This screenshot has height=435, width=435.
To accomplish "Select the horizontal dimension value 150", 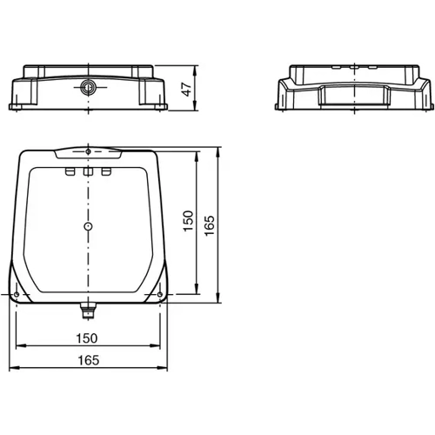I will [x=88, y=338].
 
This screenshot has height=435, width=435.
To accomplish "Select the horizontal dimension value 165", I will [x=88, y=360].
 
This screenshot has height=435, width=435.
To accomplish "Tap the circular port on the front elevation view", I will [x=88, y=87].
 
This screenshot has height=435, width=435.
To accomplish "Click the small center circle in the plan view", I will [x=88, y=226].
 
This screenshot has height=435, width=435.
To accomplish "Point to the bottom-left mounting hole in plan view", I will [x=17, y=295].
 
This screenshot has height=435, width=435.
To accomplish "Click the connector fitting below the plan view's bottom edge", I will [x=88, y=309].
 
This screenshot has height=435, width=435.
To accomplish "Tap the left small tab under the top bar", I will [x=70, y=173].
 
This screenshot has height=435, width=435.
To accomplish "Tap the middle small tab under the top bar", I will [x=88, y=173].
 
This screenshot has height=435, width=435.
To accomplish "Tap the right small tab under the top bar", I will [x=106, y=173].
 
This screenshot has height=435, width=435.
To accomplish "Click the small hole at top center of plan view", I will [x=88, y=153].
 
